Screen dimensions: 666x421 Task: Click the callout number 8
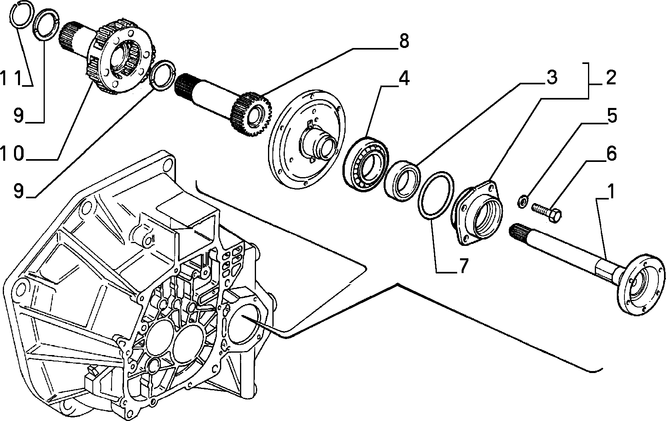tap(404, 41)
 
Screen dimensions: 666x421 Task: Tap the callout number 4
tap(404, 78)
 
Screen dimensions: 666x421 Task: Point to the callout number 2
tap(610, 78)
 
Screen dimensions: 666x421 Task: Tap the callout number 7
tap(463, 265)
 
